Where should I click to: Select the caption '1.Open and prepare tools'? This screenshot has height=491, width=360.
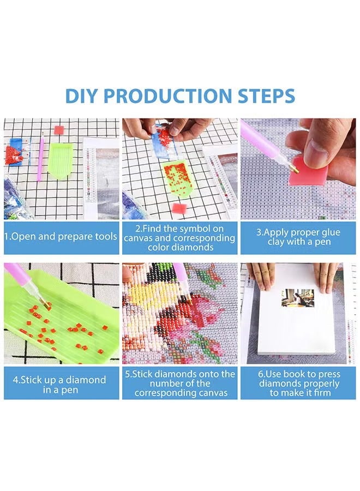[x=61, y=237]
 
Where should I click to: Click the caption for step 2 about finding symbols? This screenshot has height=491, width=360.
[x=179, y=238]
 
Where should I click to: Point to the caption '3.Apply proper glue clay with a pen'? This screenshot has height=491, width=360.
[x=298, y=237]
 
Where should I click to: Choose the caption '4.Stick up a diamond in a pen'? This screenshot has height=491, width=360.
[x=61, y=385]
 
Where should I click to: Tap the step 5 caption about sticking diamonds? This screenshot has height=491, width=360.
[x=179, y=384]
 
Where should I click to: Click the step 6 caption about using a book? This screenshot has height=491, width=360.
[x=298, y=384]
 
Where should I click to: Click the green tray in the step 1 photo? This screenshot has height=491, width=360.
[x=60, y=160]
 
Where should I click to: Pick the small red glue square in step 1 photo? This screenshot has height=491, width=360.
[x=59, y=130]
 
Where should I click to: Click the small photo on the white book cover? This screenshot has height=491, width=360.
[x=297, y=298]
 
